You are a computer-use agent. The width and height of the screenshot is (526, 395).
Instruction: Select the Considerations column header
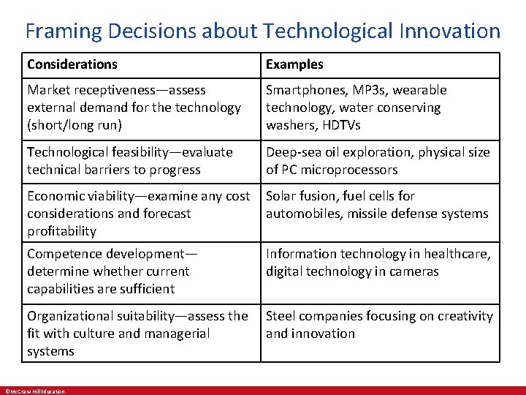pos(72,64)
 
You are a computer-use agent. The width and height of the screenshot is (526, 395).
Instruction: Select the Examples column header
pos(294,64)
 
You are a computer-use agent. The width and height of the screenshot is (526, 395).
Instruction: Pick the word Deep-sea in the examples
pos(291,152)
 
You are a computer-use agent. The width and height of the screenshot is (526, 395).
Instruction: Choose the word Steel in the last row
pos(281,316)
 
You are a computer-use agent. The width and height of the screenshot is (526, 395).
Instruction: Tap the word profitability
pos(62,231)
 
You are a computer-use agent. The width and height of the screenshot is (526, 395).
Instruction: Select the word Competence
pos(64,254)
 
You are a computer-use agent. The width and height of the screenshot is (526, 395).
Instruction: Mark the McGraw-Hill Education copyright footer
pos(35,391)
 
